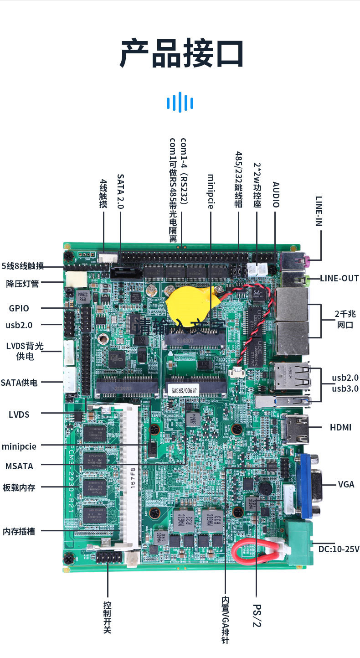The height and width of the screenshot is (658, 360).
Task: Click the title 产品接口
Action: [x=181, y=53]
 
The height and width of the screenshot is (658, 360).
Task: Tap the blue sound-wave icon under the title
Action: [x=180, y=102]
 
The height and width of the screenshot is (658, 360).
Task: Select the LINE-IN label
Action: [x=319, y=211]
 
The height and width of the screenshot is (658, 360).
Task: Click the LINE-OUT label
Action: [x=339, y=278]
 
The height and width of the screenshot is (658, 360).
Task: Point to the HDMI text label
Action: [x=340, y=428]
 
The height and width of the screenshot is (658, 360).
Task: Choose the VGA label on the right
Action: [x=346, y=484]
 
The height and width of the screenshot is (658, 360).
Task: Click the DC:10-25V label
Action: [x=339, y=549]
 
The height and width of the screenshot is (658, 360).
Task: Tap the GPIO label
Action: [x=19, y=308]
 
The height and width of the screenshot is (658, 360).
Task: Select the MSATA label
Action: [x=19, y=466]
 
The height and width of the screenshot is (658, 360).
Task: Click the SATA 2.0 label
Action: [x=120, y=191]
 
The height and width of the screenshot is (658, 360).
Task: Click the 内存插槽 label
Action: [x=19, y=531]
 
